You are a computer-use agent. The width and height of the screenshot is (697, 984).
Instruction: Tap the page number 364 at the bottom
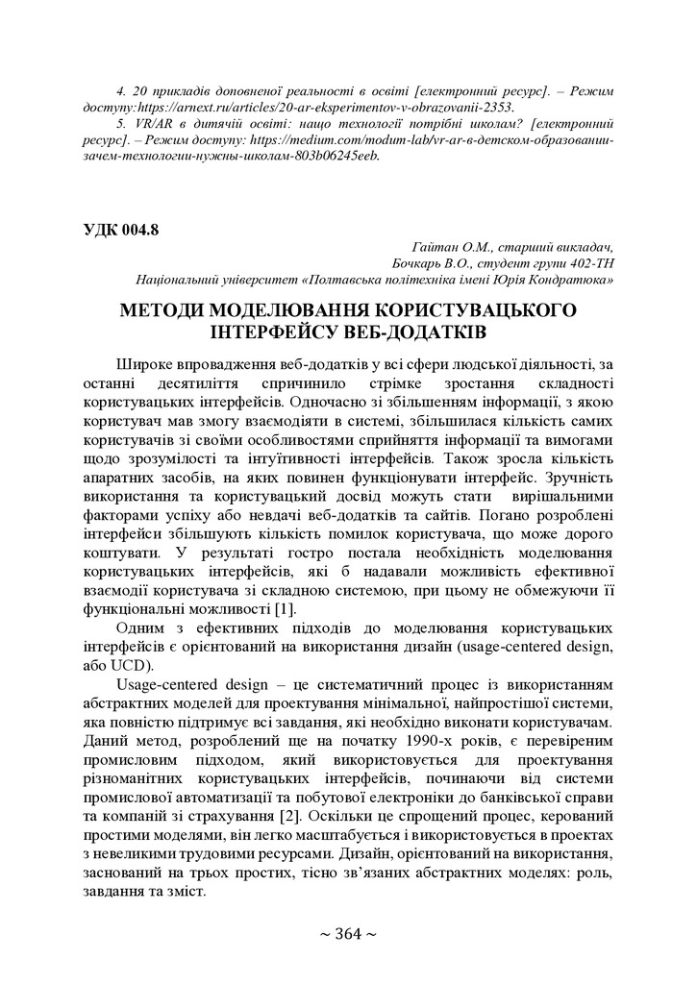pos(348,935)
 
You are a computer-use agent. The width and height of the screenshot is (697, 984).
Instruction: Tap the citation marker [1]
pos(285,610)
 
